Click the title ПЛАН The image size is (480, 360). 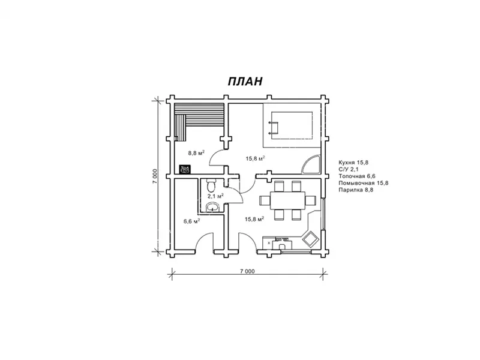245,81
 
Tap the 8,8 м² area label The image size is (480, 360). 196,153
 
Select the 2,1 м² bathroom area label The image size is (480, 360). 215,196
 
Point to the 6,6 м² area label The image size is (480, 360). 192,221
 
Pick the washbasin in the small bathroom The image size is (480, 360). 212,207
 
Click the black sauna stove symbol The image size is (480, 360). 185,169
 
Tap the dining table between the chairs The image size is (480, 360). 287,200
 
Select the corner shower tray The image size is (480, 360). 311,165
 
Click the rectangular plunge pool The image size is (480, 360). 292,125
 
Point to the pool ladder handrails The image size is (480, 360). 274,128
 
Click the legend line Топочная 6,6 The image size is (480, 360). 357,176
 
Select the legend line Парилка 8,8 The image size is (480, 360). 356,190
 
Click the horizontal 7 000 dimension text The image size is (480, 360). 247,271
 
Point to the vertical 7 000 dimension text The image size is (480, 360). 155,176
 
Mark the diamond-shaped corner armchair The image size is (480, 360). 311,239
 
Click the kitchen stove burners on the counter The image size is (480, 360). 282,238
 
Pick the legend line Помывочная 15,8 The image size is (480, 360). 364,183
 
